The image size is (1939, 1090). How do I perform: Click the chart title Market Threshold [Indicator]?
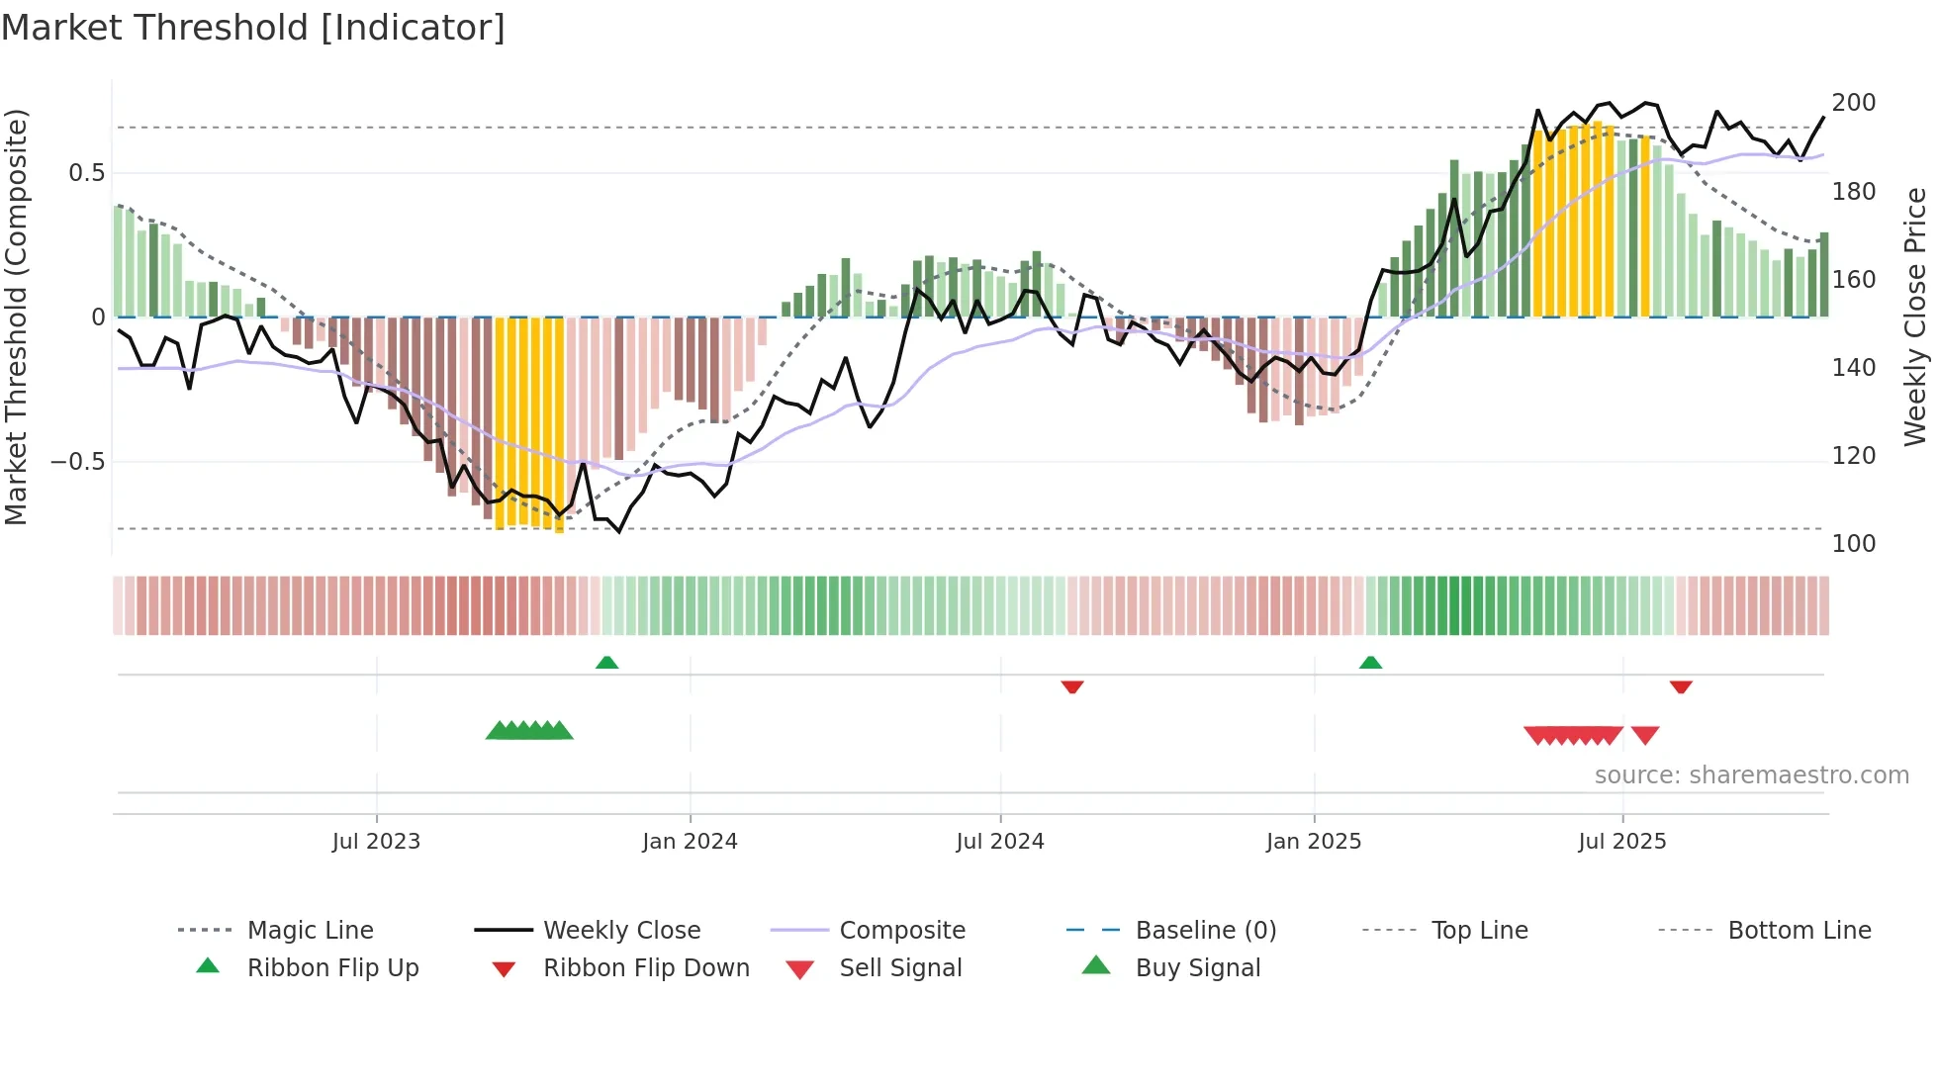[253, 28]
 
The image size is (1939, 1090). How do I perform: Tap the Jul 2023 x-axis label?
[376, 842]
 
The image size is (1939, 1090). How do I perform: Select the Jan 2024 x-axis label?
[690, 842]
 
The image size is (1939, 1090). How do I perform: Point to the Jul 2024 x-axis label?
[1000, 842]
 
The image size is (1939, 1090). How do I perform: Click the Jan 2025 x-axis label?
[1314, 842]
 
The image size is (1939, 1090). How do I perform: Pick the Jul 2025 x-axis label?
[1622, 842]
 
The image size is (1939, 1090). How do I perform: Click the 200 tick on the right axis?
[1854, 103]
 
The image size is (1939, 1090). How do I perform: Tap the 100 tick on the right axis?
[1854, 544]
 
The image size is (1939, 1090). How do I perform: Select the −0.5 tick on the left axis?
[77, 462]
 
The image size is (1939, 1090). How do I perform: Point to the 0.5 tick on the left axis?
[86, 173]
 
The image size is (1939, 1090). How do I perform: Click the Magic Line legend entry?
[310, 931]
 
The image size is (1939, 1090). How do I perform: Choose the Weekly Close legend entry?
[621, 931]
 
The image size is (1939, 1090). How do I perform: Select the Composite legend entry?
[902, 931]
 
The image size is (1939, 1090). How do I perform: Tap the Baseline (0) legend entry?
[1205, 931]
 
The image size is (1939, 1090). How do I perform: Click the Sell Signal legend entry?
[900, 968]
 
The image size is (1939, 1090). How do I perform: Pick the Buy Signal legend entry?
[1197, 968]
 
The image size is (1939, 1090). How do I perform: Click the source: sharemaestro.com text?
[1751, 775]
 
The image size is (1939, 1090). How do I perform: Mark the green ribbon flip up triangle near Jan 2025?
[1370, 663]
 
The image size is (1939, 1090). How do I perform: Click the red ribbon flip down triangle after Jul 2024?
[1072, 686]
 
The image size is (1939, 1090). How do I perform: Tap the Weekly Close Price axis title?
[1915, 317]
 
